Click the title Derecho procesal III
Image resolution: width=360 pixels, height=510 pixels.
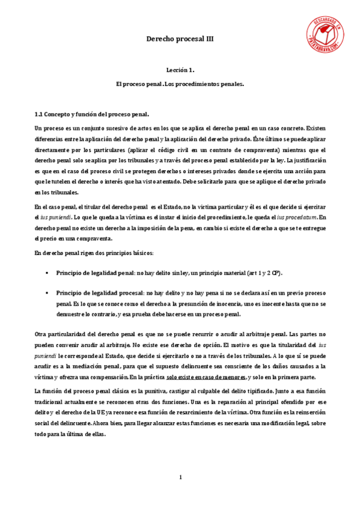click(x=180, y=38)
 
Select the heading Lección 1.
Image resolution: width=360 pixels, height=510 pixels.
click(x=180, y=70)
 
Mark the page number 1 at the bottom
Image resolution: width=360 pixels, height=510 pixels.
click(x=180, y=478)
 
